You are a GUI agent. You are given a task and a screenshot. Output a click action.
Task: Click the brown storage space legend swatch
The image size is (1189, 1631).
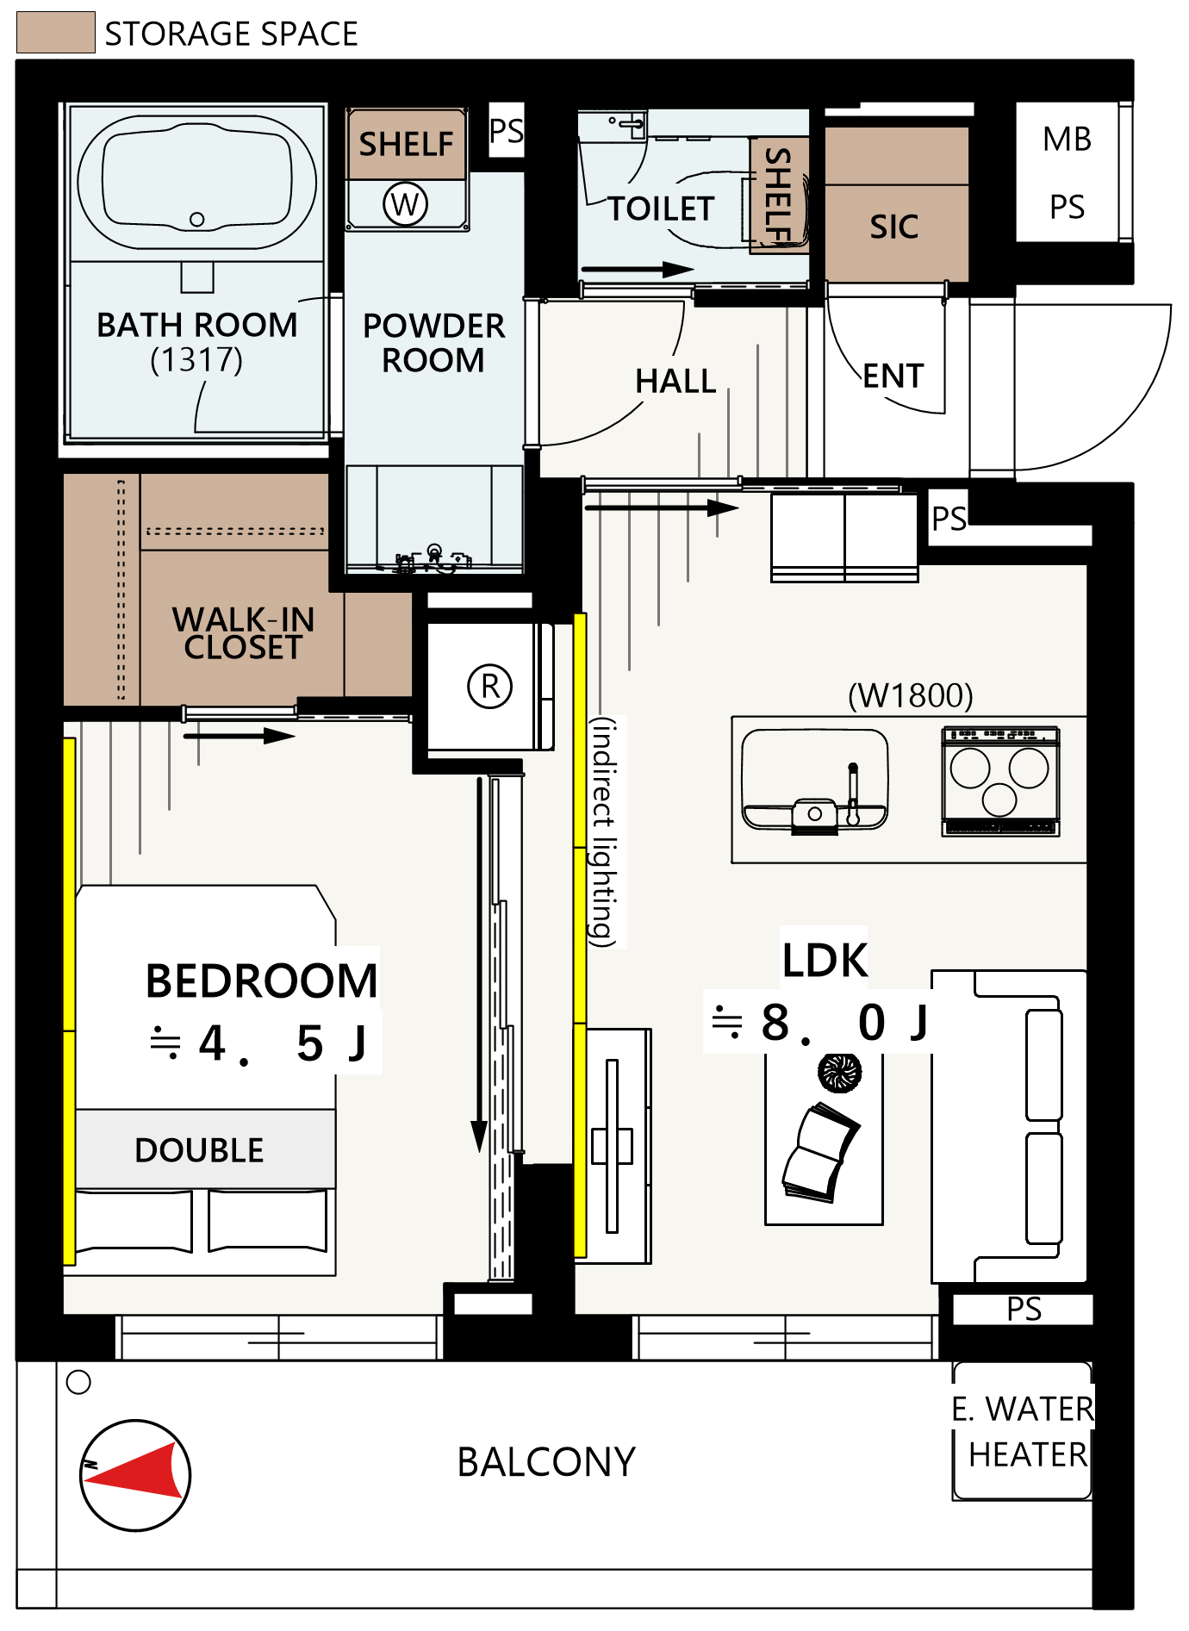point(56,33)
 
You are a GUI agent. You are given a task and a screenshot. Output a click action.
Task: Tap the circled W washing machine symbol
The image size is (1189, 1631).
point(405,204)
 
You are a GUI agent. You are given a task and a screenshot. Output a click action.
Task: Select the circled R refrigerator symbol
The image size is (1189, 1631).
point(490,687)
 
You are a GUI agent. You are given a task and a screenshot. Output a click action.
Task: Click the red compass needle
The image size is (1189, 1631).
point(136,1472)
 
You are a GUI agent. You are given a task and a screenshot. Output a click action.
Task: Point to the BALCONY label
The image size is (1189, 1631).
point(546,1462)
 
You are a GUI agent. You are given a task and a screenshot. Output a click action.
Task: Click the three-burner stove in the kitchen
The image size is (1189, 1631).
point(1000,781)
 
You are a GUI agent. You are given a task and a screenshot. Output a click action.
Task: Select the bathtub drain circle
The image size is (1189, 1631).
point(197,220)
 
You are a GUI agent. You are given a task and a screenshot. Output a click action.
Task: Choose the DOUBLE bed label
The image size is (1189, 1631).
point(199,1150)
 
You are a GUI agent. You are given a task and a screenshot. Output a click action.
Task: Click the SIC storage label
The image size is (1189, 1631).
point(894,227)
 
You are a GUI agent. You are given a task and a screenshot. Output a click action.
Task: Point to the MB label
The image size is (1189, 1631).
point(1067,139)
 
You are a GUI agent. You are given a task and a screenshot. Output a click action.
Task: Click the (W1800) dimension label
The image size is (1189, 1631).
point(911,695)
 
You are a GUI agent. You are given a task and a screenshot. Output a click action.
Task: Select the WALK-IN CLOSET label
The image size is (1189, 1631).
point(243,633)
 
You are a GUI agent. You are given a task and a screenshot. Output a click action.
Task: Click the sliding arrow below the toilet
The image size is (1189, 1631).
point(638,270)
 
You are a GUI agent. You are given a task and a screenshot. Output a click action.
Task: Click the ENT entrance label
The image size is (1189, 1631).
point(893,376)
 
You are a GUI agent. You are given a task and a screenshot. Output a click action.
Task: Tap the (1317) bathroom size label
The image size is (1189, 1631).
point(196,359)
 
